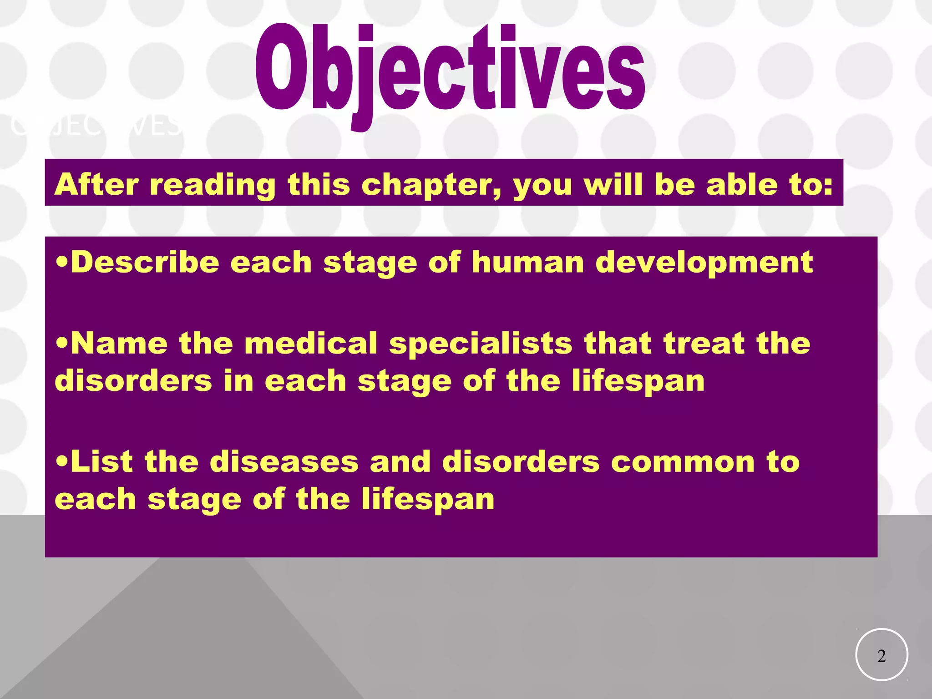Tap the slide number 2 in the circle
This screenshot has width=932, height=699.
[x=881, y=656]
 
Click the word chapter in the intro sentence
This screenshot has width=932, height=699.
[x=431, y=185]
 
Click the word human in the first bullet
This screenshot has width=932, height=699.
[x=527, y=263]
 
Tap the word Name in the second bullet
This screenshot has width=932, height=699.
[x=119, y=343]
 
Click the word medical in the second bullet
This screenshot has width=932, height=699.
[x=311, y=343]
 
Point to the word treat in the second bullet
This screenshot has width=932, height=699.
[x=704, y=343]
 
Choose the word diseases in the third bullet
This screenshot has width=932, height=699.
[x=284, y=461]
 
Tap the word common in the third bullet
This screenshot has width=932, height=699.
[x=683, y=462]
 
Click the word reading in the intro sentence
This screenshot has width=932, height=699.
[x=213, y=186]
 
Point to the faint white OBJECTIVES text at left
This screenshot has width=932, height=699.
[x=96, y=126]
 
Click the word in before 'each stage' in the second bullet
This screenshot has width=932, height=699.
[x=238, y=381]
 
